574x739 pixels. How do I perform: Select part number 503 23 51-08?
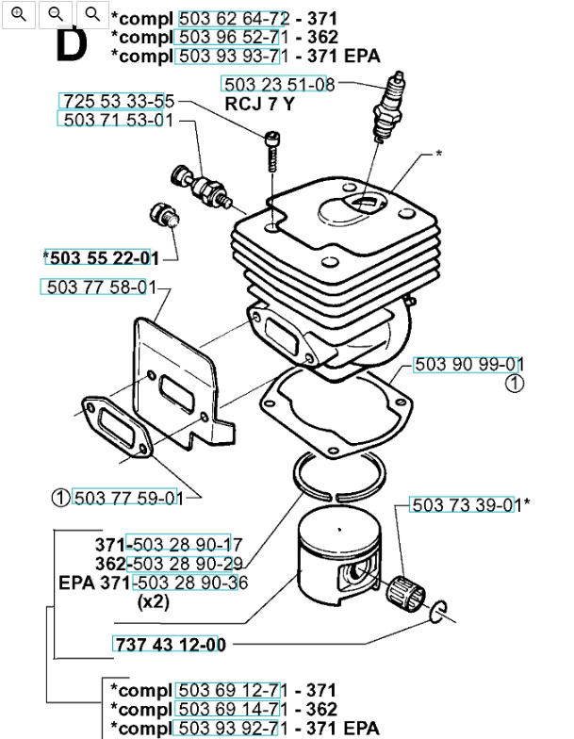click(x=278, y=85)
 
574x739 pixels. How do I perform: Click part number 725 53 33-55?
click(x=118, y=101)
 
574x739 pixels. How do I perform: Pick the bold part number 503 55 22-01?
click(x=101, y=257)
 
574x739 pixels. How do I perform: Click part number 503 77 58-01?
click(x=95, y=287)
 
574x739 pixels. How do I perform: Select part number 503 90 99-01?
click(x=468, y=364)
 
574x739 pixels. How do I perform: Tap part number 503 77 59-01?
click(x=127, y=498)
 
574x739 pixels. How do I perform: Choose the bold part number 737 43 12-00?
click(x=170, y=645)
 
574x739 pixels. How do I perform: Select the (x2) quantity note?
click(x=153, y=600)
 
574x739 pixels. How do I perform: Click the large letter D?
click(x=72, y=46)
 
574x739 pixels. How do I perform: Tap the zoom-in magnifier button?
click(x=20, y=13)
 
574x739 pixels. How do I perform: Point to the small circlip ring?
click(x=439, y=613)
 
